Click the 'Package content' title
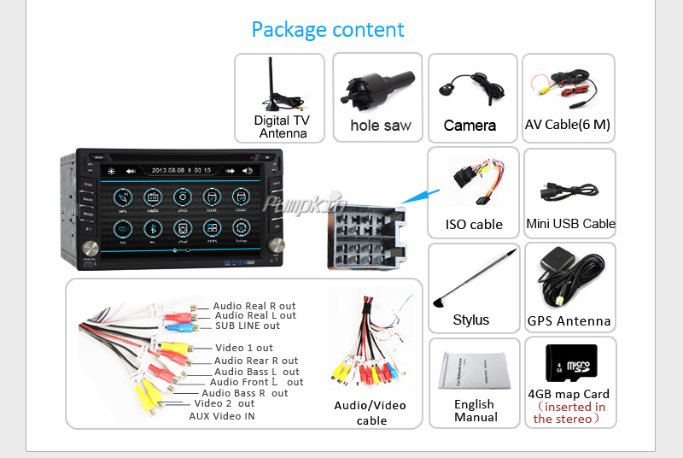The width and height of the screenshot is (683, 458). point(328,30)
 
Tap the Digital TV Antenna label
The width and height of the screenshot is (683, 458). point(282,126)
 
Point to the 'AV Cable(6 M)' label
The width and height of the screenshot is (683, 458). point(568,125)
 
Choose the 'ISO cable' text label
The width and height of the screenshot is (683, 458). point(474,225)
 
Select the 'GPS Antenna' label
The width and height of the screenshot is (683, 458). point(569,321)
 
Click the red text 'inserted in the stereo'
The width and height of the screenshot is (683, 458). point(569,413)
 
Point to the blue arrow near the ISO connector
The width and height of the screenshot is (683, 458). point(416,196)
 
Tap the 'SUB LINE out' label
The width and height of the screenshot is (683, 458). point(248,326)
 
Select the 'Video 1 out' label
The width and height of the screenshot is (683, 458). point(244,348)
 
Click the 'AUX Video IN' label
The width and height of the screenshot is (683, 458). point(222,416)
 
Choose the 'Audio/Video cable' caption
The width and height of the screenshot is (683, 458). point(370,413)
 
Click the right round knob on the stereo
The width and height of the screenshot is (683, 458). point(277,245)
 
